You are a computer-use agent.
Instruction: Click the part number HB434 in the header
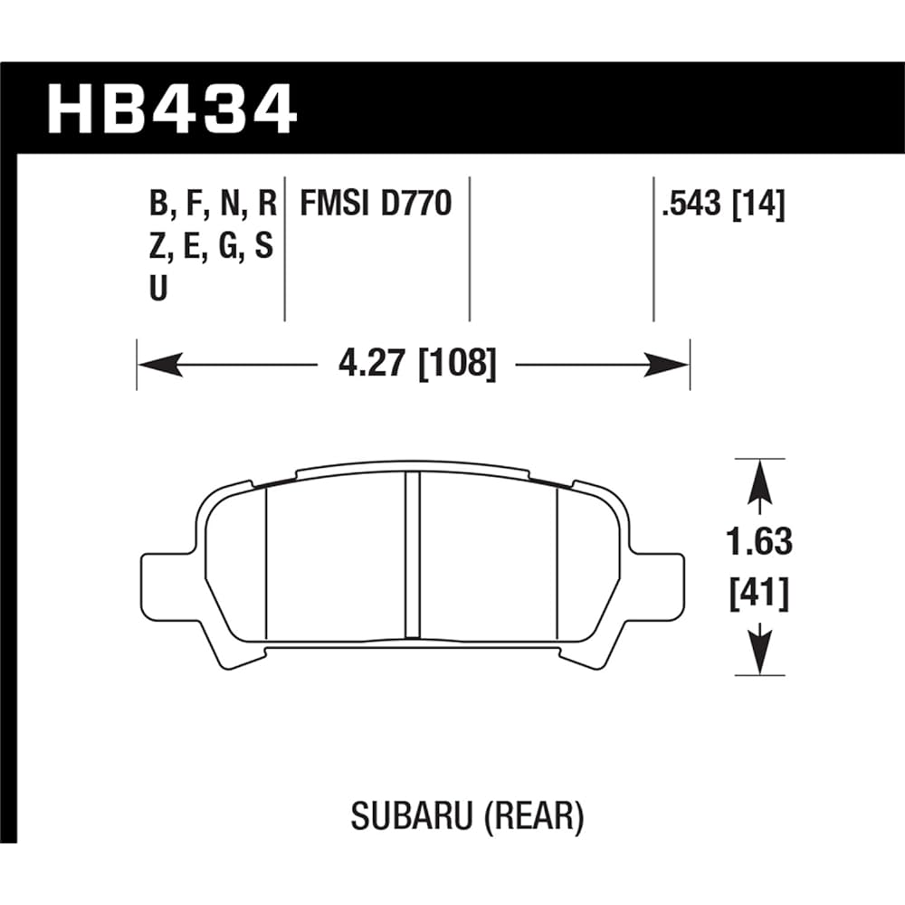[x=172, y=109]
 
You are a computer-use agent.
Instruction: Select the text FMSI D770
[x=375, y=205]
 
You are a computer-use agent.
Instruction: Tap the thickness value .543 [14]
[x=722, y=205]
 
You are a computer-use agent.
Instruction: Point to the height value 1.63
[x=757, y=542]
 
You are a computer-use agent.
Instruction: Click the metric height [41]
[x=757, y=595]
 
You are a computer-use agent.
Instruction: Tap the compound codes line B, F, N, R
[x=212, y=205]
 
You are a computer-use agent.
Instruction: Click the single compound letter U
[x=158, y=291]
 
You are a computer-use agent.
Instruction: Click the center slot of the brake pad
[x=413, y=554]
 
